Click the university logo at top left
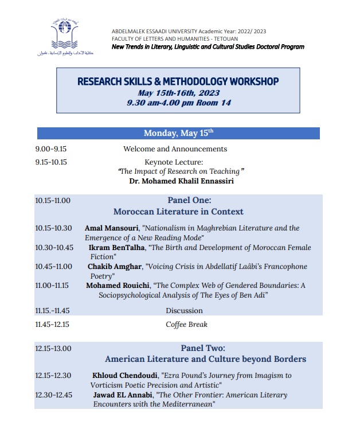tap(74, 36)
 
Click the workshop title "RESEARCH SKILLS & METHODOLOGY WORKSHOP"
tap(178, 81)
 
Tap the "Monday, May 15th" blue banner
tap(178, 134)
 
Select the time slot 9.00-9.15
tap(51, 149)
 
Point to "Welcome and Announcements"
tap(175, 149)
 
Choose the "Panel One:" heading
tap(189, 200)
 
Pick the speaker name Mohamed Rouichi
tap(116, 286)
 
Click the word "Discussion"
tap(184, 311)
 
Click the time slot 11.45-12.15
tap(52, 325)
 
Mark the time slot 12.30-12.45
tap(53, 395)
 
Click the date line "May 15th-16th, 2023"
tap(178, 93)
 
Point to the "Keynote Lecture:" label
tap(174, 162)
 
